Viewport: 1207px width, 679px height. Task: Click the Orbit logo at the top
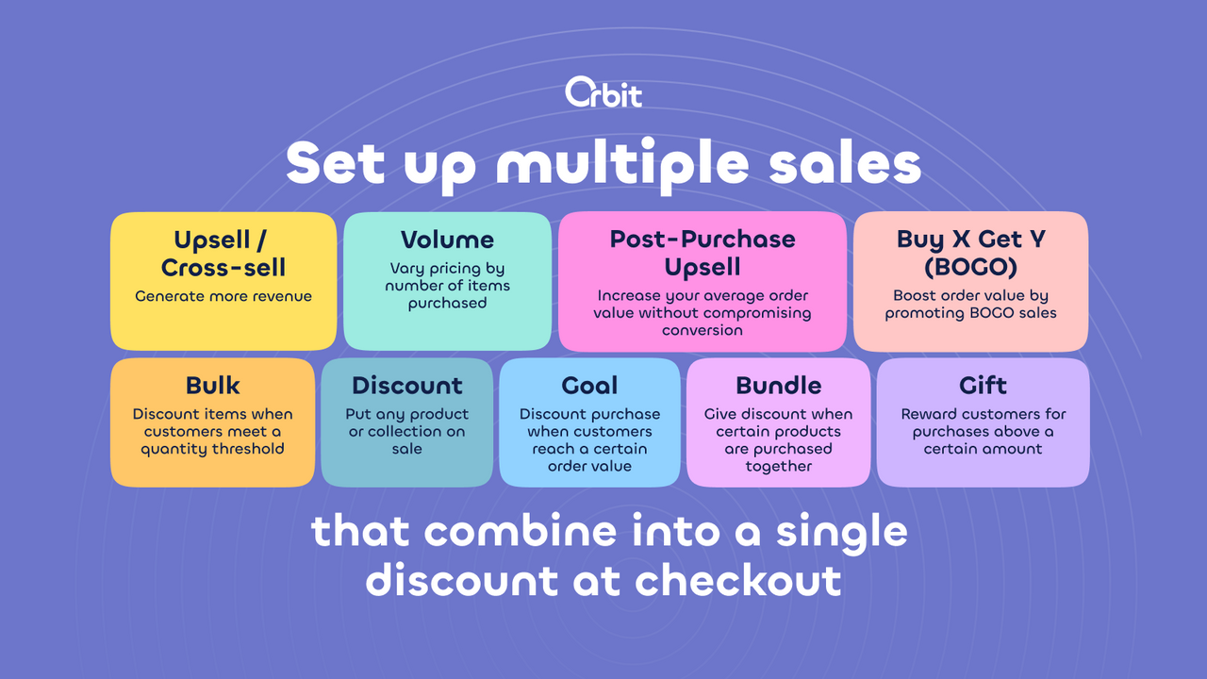(603, 92)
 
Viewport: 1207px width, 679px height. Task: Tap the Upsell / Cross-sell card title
(223, 254)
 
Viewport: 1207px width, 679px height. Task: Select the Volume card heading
(447, 240)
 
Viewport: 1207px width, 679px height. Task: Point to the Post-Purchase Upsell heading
(703, 252)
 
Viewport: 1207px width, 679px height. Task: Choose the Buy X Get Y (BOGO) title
(970, 253)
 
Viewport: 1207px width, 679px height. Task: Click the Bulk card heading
(212, 385)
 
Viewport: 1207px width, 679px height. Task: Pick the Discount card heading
(407, 385)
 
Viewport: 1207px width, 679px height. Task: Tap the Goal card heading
(589, 385)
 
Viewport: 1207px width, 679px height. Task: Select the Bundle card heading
(778, 385)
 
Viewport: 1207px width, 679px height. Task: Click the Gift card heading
(983, 385)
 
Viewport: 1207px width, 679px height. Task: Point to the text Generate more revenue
(223, 296)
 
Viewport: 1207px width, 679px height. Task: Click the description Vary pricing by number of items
(447, 286)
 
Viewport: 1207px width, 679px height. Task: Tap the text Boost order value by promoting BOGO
(970, 305)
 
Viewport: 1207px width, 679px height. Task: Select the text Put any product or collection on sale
(407, 431)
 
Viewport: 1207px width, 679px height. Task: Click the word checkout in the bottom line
(737, 579)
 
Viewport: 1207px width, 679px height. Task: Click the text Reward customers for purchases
(983, 422)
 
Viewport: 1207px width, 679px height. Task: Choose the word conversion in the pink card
(703, 330)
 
